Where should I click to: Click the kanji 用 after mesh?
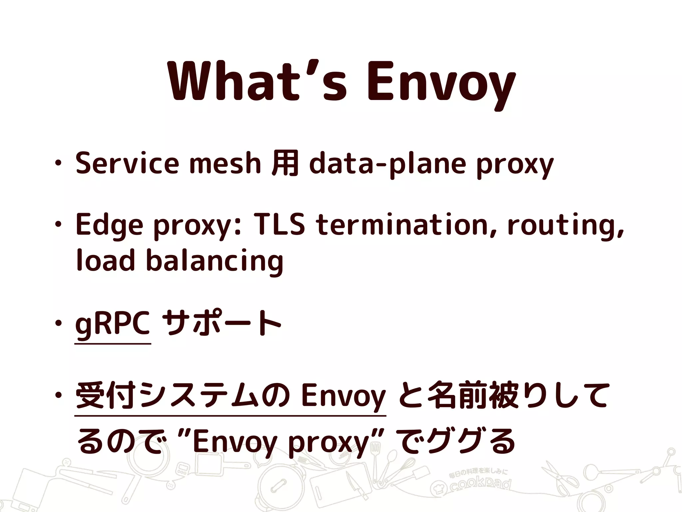coord(285,163)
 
